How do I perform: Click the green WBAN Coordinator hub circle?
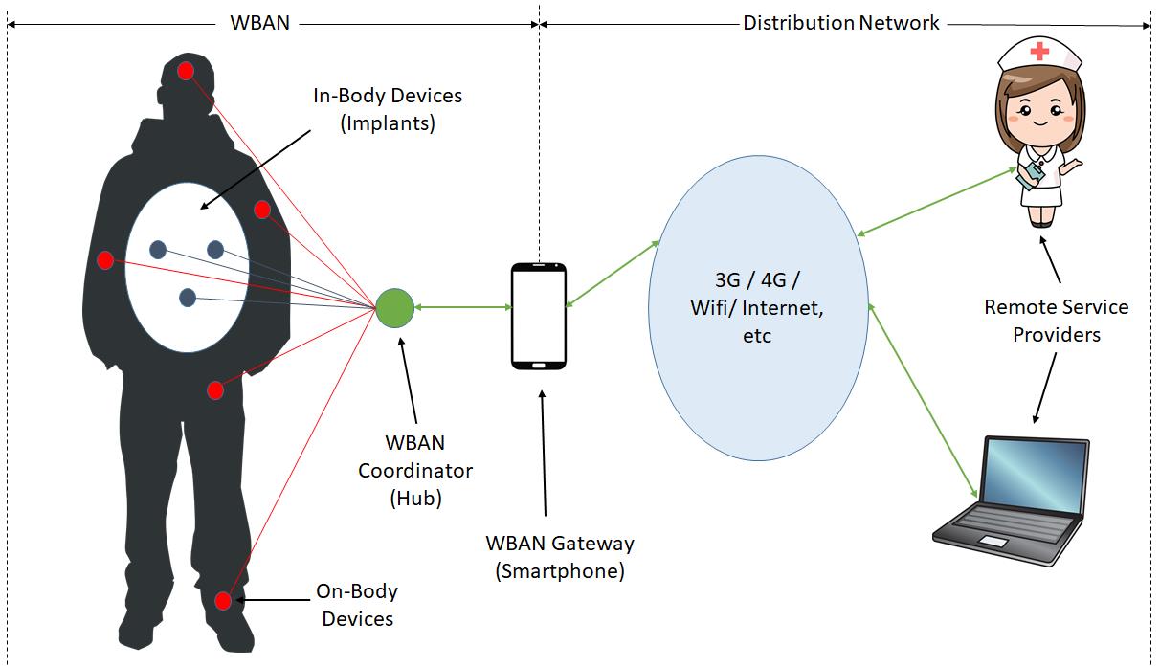(x=394, y=308)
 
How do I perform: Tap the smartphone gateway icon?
(x=539, y=317)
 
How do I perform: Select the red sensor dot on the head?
(x=186, y=71)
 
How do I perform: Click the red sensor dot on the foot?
(x=223, y=601)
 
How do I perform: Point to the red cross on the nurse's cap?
(x=1039, y=52)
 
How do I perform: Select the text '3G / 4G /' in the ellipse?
(x=757, y=280)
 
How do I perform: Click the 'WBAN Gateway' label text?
(x=560, y=544)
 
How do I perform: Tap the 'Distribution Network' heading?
(x=841, y=23)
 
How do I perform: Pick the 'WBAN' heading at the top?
(x=260, y=23)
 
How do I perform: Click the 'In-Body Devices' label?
(x=388, y=96)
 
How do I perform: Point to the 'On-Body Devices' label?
(x=357, y=605)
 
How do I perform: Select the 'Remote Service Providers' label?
(x=1057, y=321)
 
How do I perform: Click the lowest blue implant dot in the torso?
(x=188, y=298)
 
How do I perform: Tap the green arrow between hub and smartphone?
(x=463, y=307)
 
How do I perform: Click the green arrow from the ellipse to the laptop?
(x=923, y=401)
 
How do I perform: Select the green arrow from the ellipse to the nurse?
(x=936, y=202)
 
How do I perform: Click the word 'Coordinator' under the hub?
(x=415, y=471)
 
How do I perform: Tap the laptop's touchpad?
(x=993, y=542)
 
